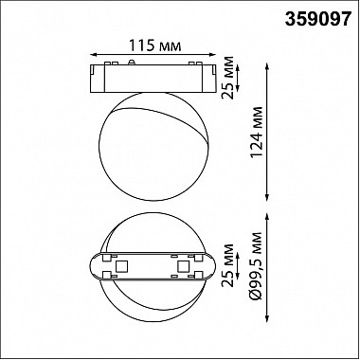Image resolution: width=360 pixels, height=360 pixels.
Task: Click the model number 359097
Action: click(318, 19)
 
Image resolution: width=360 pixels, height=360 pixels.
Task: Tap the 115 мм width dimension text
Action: click(154, 46)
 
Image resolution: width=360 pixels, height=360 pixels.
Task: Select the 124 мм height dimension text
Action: click(256, 132)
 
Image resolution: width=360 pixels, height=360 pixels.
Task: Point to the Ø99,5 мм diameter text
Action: click(256, 266)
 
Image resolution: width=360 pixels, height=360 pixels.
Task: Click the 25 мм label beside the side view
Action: click(227, 78)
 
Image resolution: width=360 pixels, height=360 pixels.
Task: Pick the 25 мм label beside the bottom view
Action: click(227, 265)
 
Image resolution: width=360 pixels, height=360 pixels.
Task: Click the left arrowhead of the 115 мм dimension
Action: click(93, 55)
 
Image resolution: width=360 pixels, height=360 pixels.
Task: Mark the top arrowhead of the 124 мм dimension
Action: click(267, 66)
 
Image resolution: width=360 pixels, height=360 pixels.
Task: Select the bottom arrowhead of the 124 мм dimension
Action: click(267, 198)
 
